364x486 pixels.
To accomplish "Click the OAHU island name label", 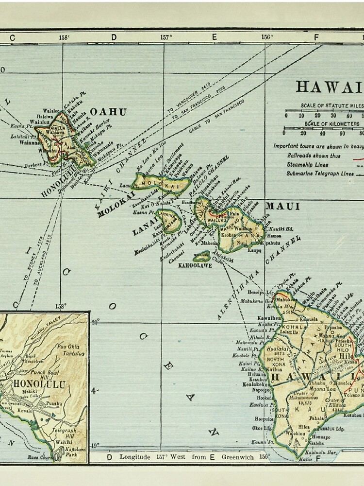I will click(x=108, y=112).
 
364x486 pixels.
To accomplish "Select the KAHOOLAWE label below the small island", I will click(x=195, y=265).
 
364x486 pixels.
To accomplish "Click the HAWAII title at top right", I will click(x=330, y=87).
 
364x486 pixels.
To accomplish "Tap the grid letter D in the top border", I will click(x=114, y=37).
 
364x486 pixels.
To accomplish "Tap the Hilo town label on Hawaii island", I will click(x=348, y=356).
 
